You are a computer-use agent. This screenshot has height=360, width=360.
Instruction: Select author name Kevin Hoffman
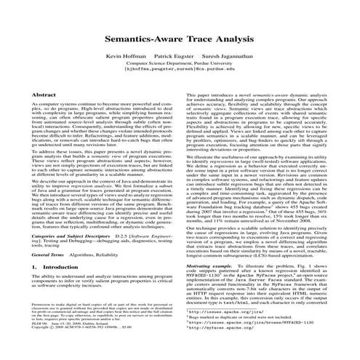tap(126, 55)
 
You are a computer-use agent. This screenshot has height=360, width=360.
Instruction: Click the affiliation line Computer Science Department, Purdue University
tap(180, 64)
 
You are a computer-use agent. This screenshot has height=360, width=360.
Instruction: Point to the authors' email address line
tap(180, 71)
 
